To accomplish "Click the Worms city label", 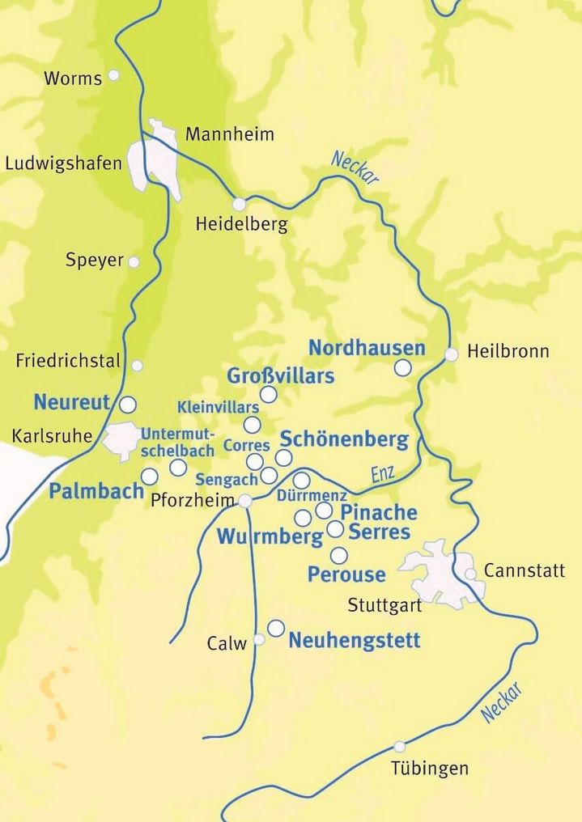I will [x=73, y=78].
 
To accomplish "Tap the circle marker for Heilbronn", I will [x=452, y=354].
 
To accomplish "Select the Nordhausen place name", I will [x=367, y=348].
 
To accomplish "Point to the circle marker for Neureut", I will [x=127, y=404].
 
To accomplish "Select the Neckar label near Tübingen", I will [x=502, y=702].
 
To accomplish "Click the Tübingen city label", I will [x=429, y=768].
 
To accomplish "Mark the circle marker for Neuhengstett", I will [x=276, y=627].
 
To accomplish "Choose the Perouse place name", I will [x=346, y=574].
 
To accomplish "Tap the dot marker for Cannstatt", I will [x=470, y=574].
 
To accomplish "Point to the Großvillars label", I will [x=280, y=376].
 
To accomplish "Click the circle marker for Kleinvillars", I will [x=253, y=425].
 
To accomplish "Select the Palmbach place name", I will [x=96, y=490].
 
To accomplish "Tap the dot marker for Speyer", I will [x=134, y=262].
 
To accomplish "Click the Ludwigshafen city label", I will [x=63, y=163].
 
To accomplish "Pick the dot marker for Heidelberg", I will [x=239, y=204].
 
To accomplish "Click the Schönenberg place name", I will [x=343, y=439].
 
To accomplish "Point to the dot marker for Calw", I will [x=259, y=639].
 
